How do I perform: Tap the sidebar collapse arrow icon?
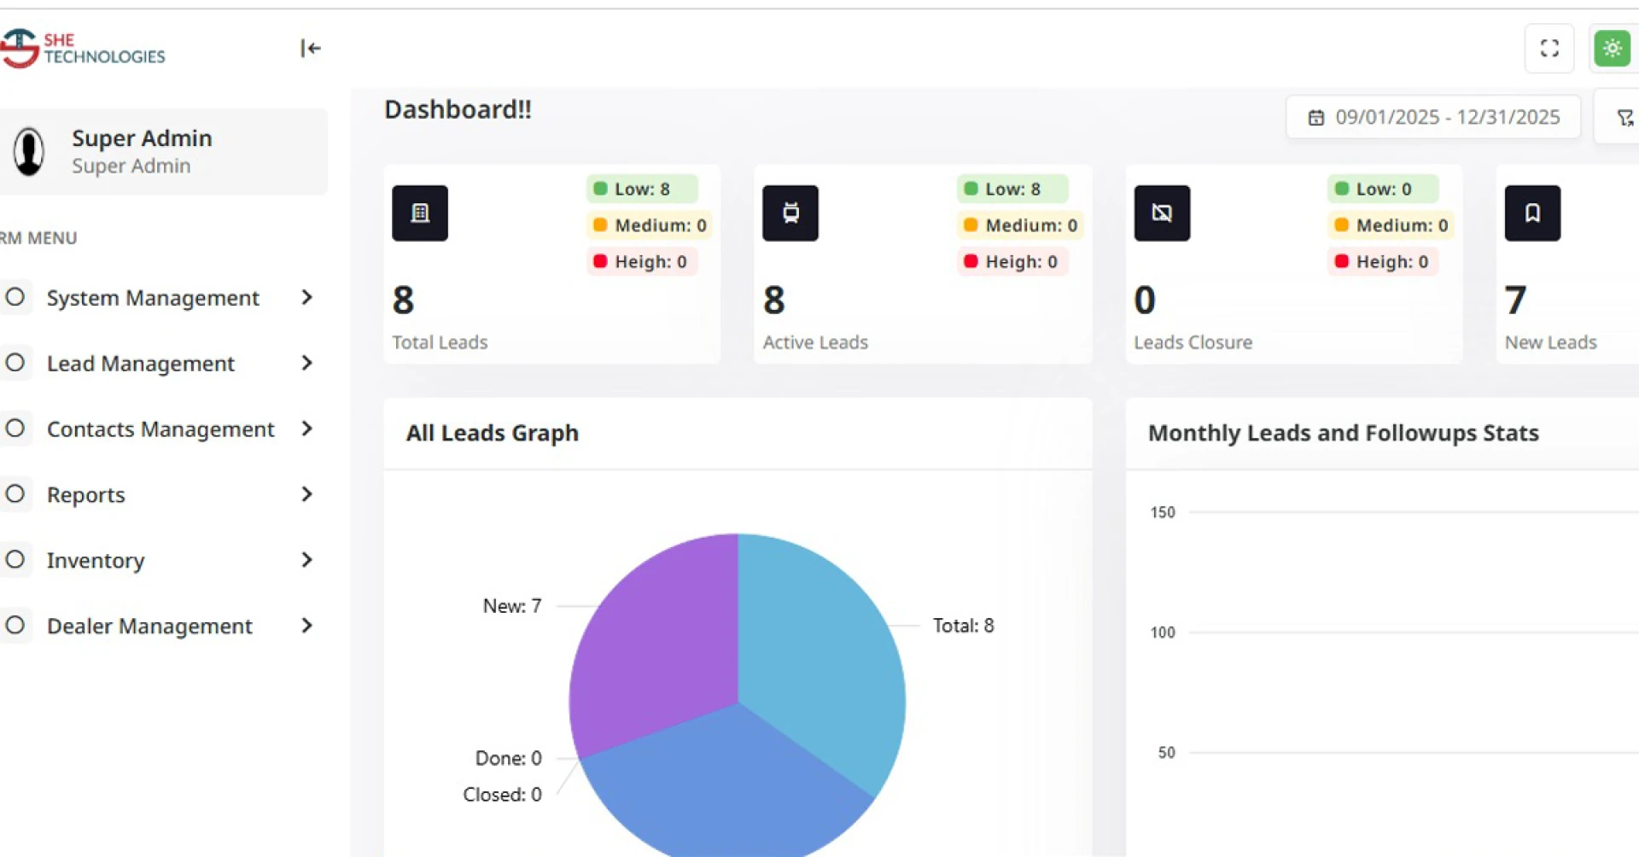coord(310,49)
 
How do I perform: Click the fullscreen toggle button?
coord(1549,49)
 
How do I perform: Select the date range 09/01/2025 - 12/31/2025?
coord(1434,117)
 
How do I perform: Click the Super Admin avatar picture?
coord(29,152)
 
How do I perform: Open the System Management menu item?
coord(152,298)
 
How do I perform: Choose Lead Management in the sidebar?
coord(140,364)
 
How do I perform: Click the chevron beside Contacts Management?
coord(307,428)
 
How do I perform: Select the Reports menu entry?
coord(85,495)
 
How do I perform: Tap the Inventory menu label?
coord(96,561)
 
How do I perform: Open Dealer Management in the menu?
coord(149,627)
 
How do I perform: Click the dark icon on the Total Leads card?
coord(419,213)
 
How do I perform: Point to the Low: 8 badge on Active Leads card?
coord(1012,189)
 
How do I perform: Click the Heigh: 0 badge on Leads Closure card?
coord(1383,262)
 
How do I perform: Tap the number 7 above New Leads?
coord(1515,300)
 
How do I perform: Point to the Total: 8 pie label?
coord(963,626)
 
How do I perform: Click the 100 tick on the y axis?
coord(1162,633)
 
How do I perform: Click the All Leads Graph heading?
coord(492,434)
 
